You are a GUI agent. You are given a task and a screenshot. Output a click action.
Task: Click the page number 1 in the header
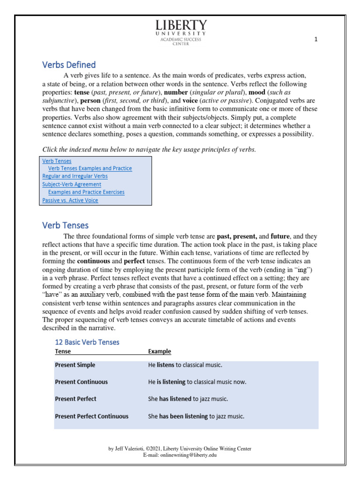(316, 40)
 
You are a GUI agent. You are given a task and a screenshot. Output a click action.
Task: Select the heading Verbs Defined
(69, 65)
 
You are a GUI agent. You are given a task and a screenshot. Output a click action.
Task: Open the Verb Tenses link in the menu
(57, 161)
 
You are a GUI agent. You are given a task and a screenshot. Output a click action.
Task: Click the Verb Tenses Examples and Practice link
(90, 168)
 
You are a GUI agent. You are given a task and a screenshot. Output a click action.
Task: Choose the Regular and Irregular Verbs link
(75, 176)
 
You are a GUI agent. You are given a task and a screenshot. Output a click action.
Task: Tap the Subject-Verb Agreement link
(72, 184)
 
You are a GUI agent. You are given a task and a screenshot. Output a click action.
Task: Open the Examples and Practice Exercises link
(86, 192)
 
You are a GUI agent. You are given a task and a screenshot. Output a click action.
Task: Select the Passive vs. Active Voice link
(70, 200)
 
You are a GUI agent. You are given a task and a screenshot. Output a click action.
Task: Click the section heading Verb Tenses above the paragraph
(65, 225)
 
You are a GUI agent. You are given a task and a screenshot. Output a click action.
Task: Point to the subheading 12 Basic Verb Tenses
(87, 342)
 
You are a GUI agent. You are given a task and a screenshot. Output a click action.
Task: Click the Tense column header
(63, 352)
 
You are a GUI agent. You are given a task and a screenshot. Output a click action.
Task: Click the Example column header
(159, 352)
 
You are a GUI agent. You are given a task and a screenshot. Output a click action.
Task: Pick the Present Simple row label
(75, 365)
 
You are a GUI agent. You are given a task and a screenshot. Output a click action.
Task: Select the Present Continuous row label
(81, 382)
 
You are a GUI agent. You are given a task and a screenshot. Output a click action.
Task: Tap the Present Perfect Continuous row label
(91, 416)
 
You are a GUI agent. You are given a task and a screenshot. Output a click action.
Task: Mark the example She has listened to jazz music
(188, 399)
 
